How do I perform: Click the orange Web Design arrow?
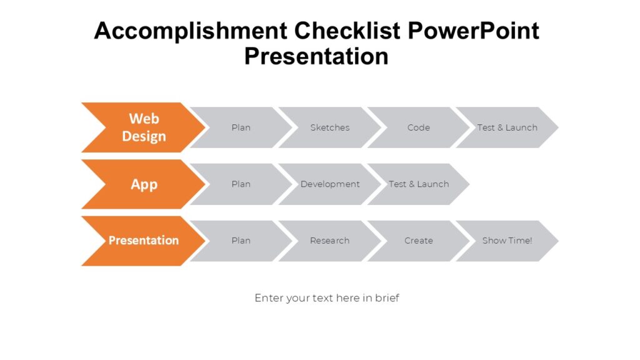point(144,127)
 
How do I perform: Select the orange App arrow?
point(144,184)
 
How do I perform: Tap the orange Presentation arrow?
point(144,241)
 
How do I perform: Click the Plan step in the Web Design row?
point(241,127)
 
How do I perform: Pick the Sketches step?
point(329,127)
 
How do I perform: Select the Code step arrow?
point(418,127)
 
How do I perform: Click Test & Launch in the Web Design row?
point(507,127)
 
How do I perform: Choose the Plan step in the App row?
point(241,184)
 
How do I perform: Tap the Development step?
point(329,184)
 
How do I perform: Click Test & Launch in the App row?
point(418,184)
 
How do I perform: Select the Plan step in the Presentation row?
point(241,241)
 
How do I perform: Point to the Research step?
point(329,241)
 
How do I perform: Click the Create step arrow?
point(418,241)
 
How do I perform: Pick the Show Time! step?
point(507,241)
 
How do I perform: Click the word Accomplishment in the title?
point(191,31)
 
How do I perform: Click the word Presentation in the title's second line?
point(316,56)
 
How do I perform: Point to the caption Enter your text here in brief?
point(326,298)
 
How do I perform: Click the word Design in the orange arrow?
point(144,136)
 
